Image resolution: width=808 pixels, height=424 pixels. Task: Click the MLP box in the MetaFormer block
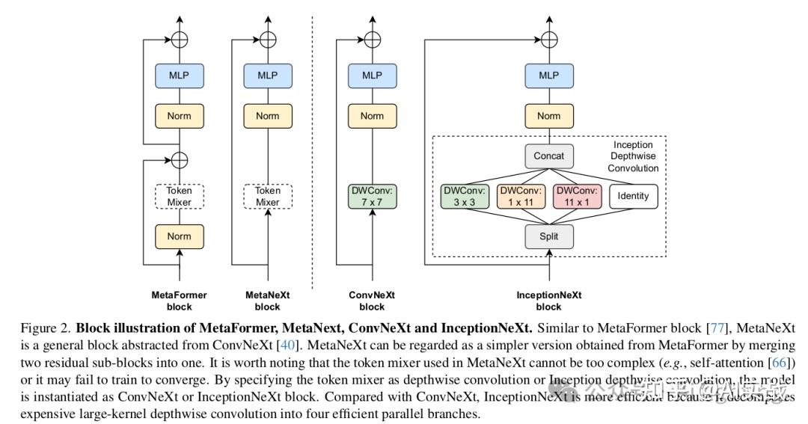coord(179,76)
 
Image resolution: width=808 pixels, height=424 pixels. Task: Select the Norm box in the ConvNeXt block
coord(372,116)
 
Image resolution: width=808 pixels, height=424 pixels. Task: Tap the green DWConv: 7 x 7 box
coord(372,196)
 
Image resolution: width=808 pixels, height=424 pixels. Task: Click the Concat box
coord(549,157)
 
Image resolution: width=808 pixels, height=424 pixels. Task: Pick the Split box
coord(549,237)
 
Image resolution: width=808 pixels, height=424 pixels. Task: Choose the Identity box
coord(633,197)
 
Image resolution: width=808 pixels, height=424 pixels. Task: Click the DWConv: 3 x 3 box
coord(465,197)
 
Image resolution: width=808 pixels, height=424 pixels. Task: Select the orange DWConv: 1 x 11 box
coord(521,197)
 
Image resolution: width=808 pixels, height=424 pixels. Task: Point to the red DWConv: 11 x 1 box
coord(577,197)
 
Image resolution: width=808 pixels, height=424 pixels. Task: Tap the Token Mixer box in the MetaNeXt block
coord(267,196)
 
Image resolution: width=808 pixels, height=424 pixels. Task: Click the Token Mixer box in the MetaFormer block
coord(179,196)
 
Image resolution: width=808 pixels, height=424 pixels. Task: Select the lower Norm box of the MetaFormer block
coord(179,236)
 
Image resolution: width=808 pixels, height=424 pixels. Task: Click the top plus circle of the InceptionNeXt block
coord(549,38)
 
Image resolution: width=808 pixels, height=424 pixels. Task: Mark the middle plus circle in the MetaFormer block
coord(179,159)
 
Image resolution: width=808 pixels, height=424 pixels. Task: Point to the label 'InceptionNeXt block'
coord(548,301)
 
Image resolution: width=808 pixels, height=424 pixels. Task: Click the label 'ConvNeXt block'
coord(372,301)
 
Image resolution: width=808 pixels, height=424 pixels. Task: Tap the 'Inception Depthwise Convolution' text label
coord(633,156)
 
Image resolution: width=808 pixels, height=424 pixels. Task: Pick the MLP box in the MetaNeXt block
coord(267,76)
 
